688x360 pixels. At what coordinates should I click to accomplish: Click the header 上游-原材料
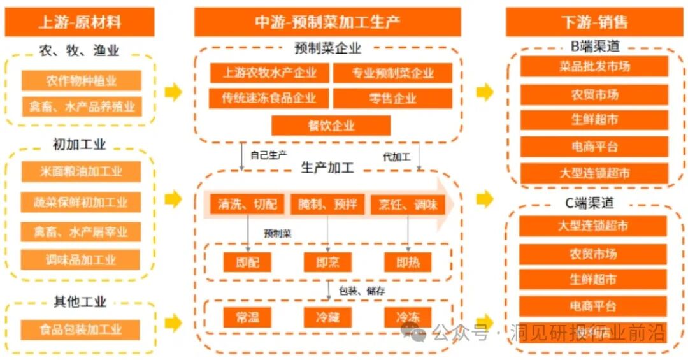[x=80, y=22]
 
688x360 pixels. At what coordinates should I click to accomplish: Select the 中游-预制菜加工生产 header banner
[x=327, y=22]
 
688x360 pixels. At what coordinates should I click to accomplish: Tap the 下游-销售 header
[x=594, y=22]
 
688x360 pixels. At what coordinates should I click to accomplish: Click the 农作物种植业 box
[x=82, y=81]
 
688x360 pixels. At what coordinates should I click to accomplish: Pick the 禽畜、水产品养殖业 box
[x=82, y=106]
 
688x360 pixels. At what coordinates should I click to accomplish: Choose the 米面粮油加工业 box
[x=82, y=171]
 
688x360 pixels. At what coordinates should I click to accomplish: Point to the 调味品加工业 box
[x=82, y=260]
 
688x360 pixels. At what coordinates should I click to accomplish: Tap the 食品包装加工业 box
[x=82, y=329]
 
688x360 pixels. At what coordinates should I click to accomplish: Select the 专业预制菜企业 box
[x=392, y=73]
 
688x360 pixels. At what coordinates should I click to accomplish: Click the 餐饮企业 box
[x=331, y=126]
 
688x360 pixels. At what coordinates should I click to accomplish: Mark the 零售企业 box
[x=392, y=98]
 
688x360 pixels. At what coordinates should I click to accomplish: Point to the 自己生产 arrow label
[x=268, y=155]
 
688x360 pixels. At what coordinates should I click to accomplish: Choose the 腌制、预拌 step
[x=327, y=205]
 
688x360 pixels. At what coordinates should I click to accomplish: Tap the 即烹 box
[x=327, y=262]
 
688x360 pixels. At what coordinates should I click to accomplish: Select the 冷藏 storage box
[x=327, y=317]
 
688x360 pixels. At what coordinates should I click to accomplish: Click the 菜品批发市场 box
[x=594, y=66]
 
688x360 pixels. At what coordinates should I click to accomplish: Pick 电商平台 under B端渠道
[x=594, y=147]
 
